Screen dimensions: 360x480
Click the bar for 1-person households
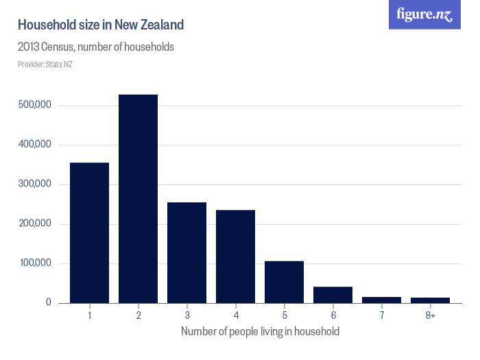(89, 232)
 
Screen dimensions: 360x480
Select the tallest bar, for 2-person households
(138, 199)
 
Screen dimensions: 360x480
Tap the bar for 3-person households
(187, 252)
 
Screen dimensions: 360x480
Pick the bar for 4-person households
(235, 256)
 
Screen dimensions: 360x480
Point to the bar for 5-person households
(284, 282)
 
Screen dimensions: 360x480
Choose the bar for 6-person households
(333, 295)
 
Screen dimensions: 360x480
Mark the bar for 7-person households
(381, 300)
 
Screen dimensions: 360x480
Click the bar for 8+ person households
(430, 300)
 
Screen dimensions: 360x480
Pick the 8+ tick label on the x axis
(430, 315)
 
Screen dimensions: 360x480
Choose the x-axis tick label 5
(284, 315)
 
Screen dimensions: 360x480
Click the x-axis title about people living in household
(260, 332)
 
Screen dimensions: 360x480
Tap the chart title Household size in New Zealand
(101, 25)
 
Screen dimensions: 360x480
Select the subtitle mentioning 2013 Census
(95, 48)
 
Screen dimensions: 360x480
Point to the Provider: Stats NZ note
(45, 64)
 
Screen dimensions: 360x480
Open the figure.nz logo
(424, 14)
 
